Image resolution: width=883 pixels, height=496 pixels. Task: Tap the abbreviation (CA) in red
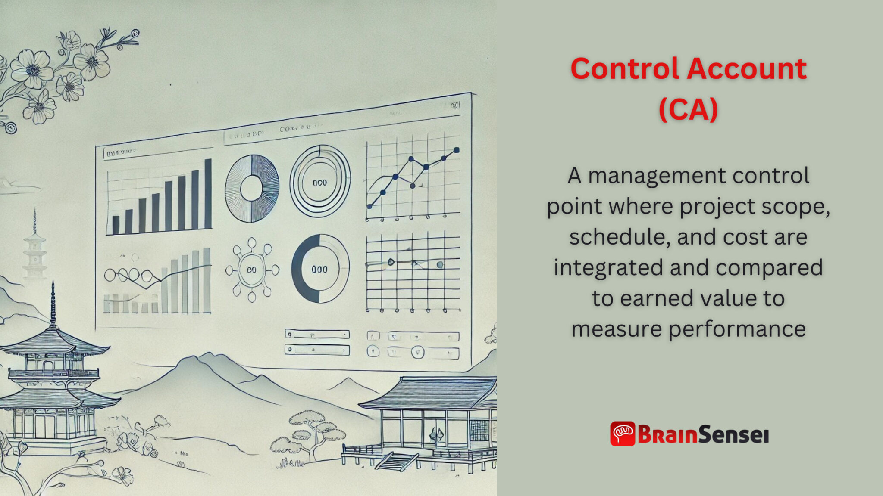pos(689,109)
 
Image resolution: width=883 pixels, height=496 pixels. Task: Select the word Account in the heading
pos(746,69)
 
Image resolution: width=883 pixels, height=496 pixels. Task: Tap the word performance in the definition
pos(737,329)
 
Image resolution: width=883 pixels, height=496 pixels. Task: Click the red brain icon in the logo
pos(623,434)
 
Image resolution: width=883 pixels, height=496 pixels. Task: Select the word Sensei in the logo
pos(733,434)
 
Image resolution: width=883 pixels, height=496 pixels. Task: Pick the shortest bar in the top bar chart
pos(116,224)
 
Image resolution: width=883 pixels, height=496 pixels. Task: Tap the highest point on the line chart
pos(457,150)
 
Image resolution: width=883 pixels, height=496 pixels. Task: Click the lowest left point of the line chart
pos(369,206)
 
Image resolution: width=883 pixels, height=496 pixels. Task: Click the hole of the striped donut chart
pos(251,188)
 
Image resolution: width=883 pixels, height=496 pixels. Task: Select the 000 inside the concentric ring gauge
pos(319,183)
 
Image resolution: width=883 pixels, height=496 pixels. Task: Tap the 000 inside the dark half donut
pos(319,269)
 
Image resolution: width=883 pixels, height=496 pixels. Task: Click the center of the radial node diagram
pos(252,270)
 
